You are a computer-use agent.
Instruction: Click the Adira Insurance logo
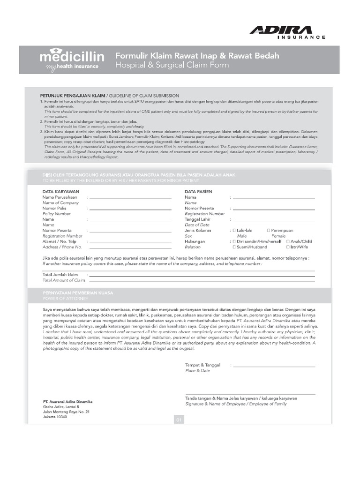pyautogui.click(x=287, y=32)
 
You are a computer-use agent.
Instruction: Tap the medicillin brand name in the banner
pyautogui.click(x=72, y=57)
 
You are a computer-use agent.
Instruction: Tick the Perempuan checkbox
pyautogui.click(x=269, y=231)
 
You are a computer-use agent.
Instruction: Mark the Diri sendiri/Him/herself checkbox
pyautogui.click(x=234, y=241)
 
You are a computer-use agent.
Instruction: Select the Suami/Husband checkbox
pyautogui.click(x=234, y=247)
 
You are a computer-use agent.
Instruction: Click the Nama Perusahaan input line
pyautogui.click(x=130, y=199)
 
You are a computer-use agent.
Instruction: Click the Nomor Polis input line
pyautogui.click(x=130, y=210)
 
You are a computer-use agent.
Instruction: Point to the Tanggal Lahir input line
pyautogui.click(x=274, y=220)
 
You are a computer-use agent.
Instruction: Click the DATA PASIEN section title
pyautogui.click(x=198, y=191)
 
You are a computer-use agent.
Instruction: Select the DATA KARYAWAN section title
pyautogui.click(x=61, y=191)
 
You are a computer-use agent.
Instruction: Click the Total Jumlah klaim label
pyautogui.click(x=60, y=274)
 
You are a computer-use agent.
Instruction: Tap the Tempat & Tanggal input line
pyautogui.click(x=274, y=366)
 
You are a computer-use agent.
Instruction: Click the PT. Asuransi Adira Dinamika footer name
pyautogui.click(x=67, y=402)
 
